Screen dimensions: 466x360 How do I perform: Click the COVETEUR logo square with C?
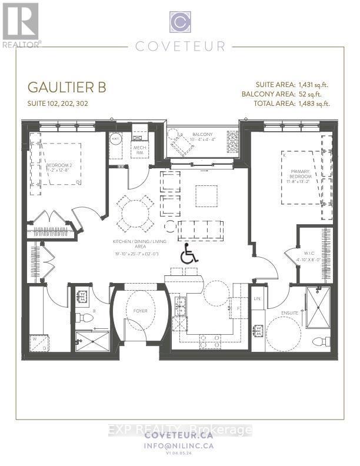pyautogui.click(x=180, y=22)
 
